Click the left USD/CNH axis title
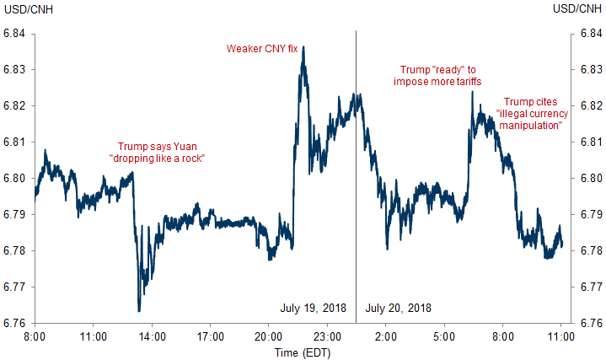point(26,9)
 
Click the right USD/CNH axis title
point(579,9)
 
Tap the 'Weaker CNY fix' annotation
point(263,48)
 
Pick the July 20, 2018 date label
point(399,309)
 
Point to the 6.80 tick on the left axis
point(15,179)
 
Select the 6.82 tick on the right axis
point(590,106)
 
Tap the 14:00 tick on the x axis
point(152,336)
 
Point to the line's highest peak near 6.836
point(303,47)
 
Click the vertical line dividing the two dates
point(357,169)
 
